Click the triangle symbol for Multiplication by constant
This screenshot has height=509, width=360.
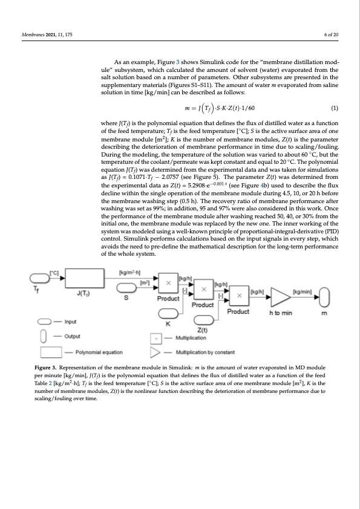point(157,351)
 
